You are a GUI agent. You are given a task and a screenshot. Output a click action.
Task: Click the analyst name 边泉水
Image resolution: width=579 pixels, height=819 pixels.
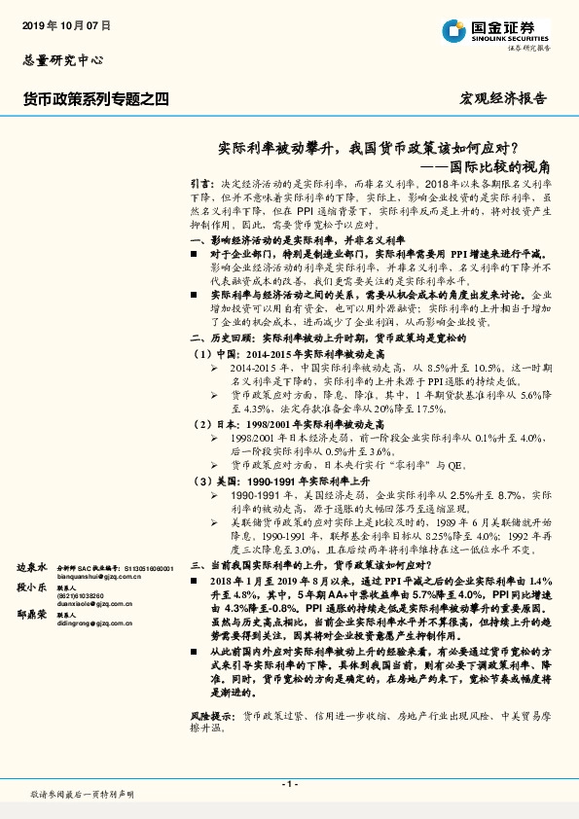click(x=32, y=566)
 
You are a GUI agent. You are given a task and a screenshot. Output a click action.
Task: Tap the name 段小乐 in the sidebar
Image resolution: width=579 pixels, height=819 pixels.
click(x=32, y=588)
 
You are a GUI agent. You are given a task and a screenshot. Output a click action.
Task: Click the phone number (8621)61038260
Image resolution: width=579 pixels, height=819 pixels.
click(x=84, y=596)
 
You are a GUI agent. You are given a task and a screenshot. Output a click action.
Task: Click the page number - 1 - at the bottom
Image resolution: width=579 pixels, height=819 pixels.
click(x=289, y=784)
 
